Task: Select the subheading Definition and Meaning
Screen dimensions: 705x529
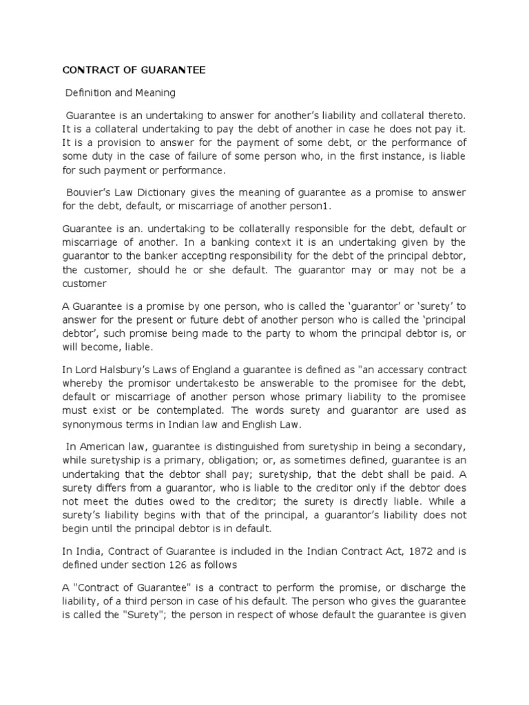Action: click(121, 92)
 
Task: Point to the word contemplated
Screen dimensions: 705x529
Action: click(186, 410)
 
